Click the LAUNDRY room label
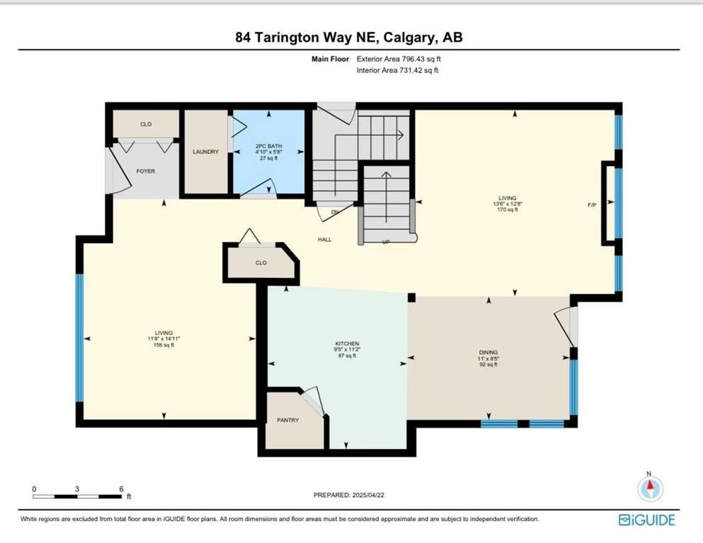point(206,152)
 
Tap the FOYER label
point(145,171)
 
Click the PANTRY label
point(287,420)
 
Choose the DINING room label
point(488,352)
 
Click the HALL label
point(324,240)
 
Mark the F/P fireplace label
point(592,205)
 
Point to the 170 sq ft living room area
point(507,210)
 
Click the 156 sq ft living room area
point(164,345)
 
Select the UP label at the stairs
point(385,241)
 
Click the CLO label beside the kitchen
point(261,262)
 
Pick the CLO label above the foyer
point(146,124)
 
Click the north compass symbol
point(649,488)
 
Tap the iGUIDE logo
point(646,520)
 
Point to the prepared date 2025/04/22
point(348,495)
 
